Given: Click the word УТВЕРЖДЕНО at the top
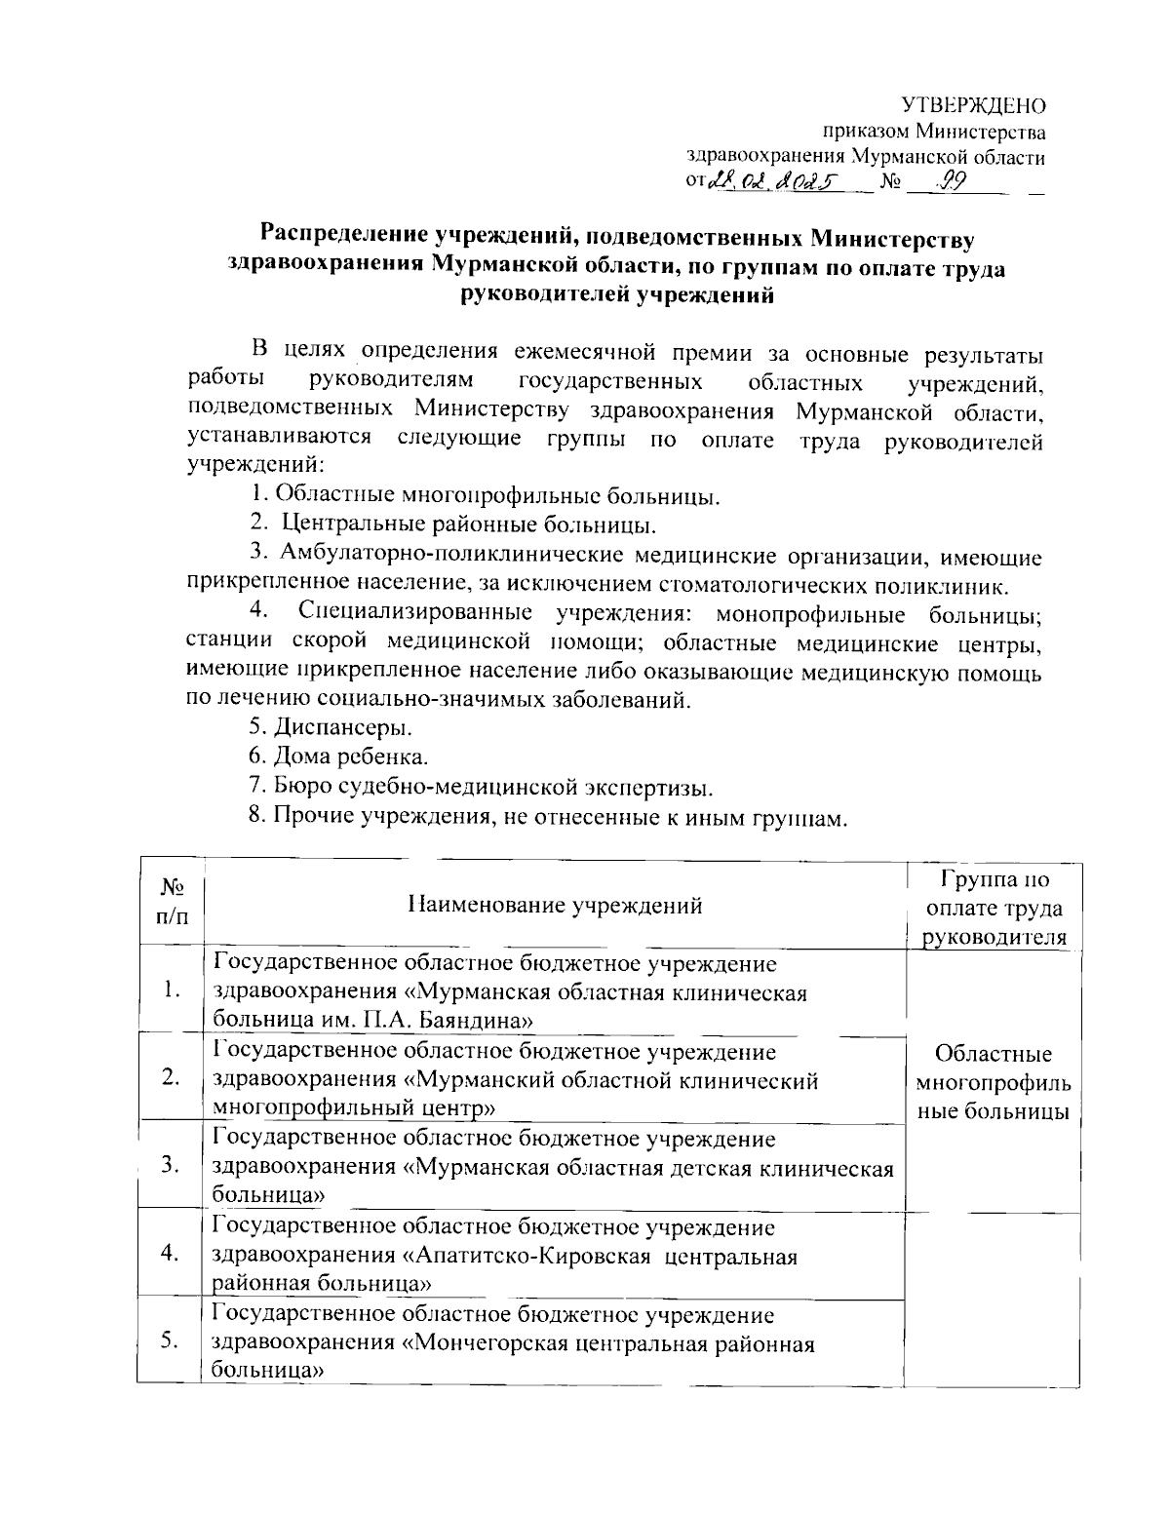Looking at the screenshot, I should pyautogui.click(x=972, y=105).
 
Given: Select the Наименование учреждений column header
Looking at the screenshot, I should pyautogui.click(x=555, y=906).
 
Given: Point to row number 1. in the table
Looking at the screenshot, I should pyautogui.click(x=173, y=991).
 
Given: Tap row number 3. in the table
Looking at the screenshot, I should pyautogui.click(x=172, y=1164).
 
